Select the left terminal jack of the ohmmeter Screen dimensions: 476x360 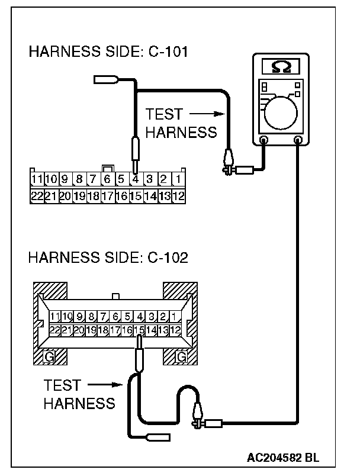pos(263,140)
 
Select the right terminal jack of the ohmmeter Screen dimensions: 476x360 pos(298,140)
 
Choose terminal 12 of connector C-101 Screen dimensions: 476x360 pos(178,195)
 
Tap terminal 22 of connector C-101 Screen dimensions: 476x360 pos(37,195)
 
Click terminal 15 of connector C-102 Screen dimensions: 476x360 pos(139,330)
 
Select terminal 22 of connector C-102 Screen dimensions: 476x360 pos(55,330)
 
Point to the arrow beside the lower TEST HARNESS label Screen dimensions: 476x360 pos(107,386)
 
